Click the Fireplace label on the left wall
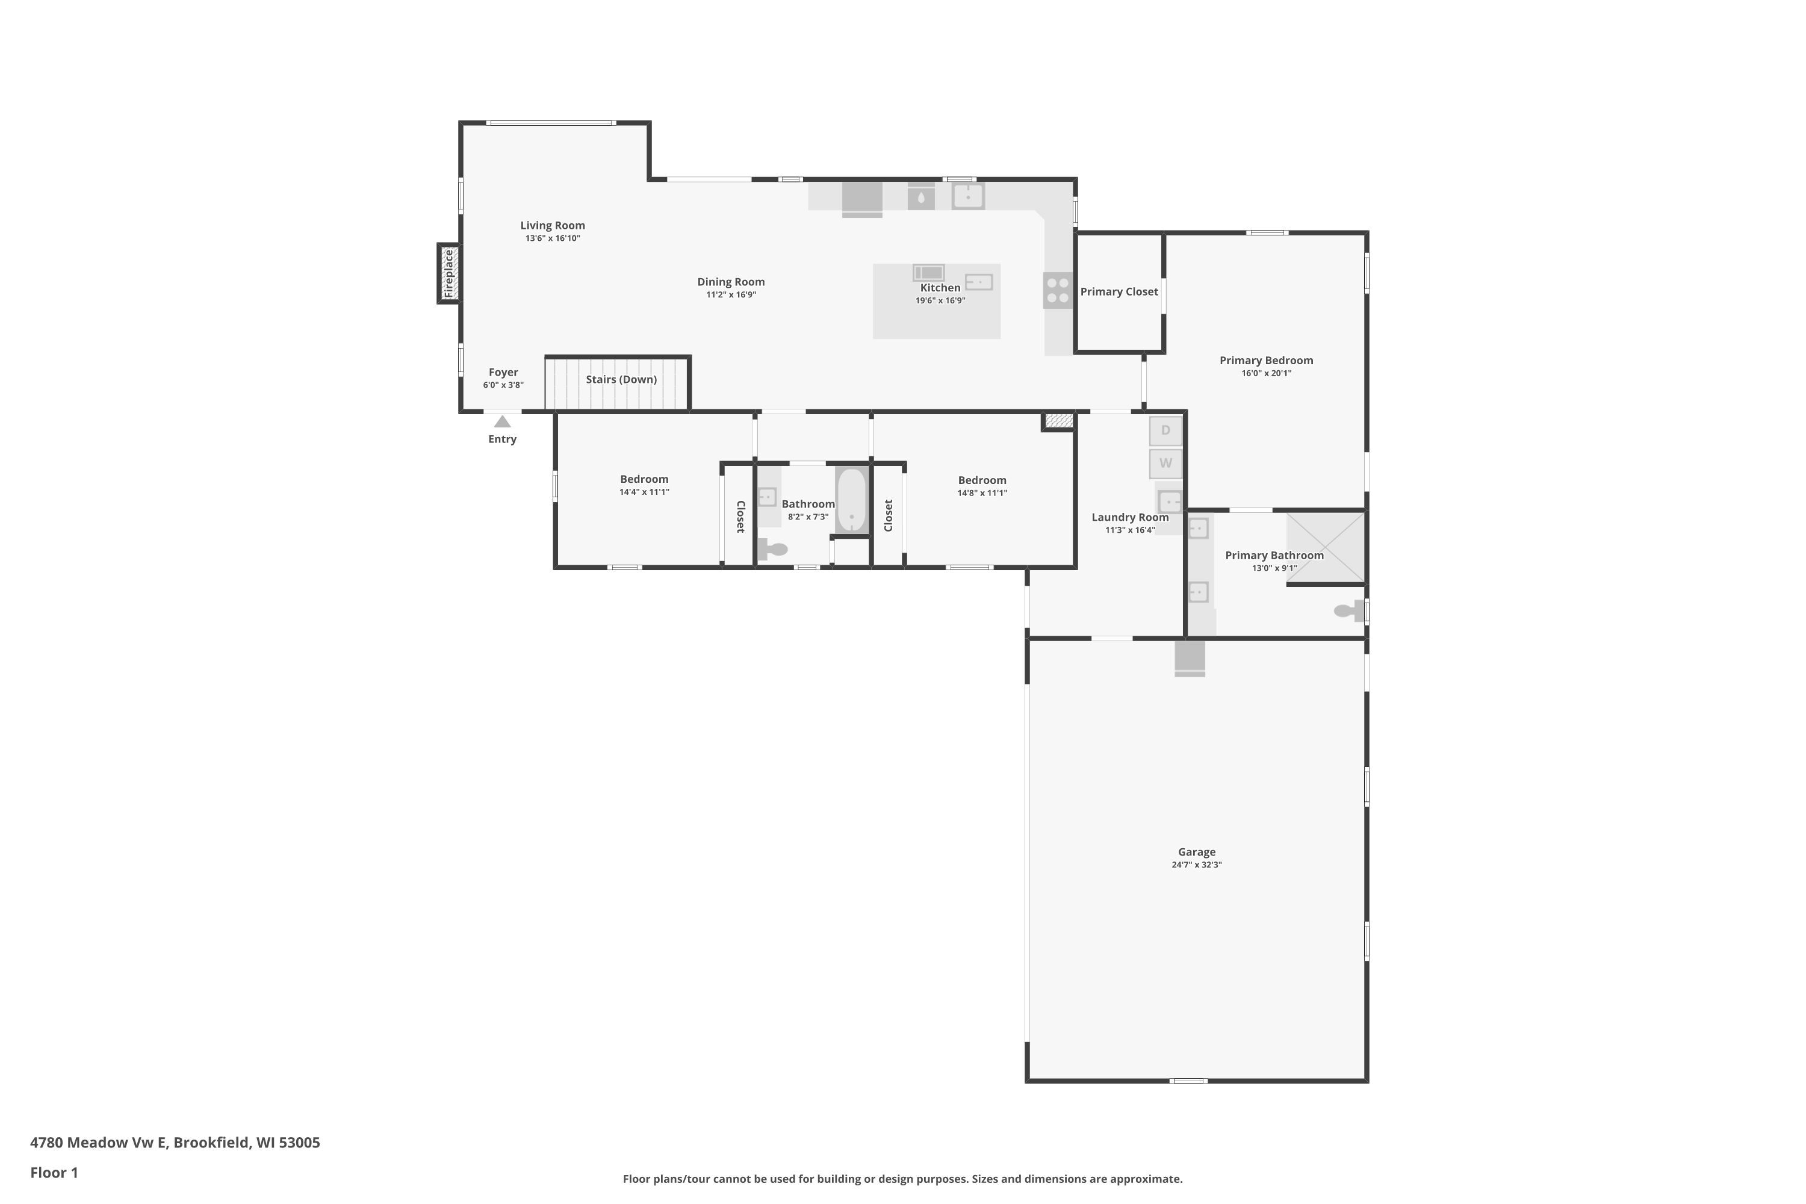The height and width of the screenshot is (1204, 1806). tap(449, 273)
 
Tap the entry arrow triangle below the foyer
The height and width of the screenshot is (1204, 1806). tap(502, 421)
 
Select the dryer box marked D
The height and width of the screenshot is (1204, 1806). tap(1165, 431)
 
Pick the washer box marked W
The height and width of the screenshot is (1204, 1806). tap(1165, 464)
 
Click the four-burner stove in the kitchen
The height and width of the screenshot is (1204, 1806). tap(1057, 290)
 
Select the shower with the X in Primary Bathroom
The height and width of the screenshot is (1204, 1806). tap(1326, 547)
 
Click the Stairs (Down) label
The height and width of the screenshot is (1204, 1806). tap(621, 379)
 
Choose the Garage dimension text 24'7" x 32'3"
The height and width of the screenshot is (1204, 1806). tap(1196, 864)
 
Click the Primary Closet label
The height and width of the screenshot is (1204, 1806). tap(1119, 292)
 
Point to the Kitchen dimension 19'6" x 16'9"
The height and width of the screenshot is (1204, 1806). tap(940, 300)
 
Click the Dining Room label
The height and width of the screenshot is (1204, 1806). tap(730, 282)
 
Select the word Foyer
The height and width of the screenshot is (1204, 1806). tap(503, 373)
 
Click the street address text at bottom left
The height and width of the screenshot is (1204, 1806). tap(175, 1143)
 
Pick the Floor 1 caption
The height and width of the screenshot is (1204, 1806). tap(54, 1173)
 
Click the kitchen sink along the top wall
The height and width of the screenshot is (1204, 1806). tap(967, 197)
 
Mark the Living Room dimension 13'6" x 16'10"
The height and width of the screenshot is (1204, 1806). tap(552, 238)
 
